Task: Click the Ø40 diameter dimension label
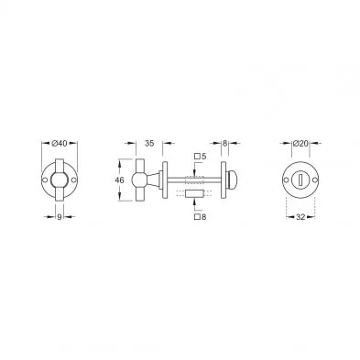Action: pos(60,143)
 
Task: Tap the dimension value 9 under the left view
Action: pos(60,217)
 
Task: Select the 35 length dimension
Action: pos(149,143)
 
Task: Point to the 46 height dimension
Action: pos(120,180)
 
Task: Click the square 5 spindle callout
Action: pos(201,157)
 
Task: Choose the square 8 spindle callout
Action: pos(201,217)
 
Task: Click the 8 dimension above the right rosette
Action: pos(224,143)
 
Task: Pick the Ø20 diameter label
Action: pos(300,143)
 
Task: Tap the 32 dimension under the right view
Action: pos(300,217)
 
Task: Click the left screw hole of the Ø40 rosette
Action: pos(45,180)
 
